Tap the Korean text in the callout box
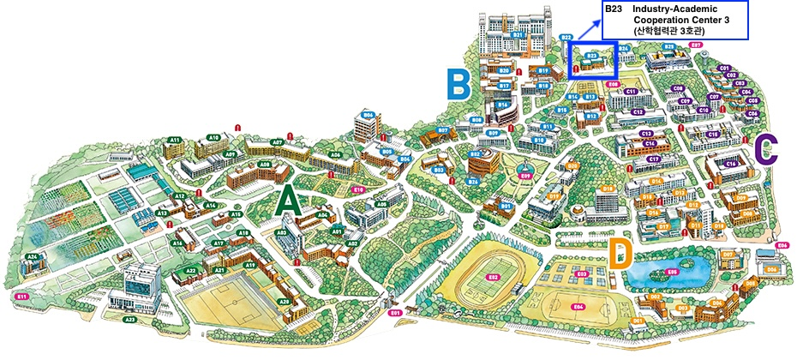tap(676, 31)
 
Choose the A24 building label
tap(33, 256)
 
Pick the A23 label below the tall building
tap(130, 319)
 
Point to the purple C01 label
tap(724, 68)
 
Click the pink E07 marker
tap(696, 44)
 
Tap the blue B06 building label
tap(369, 114)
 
